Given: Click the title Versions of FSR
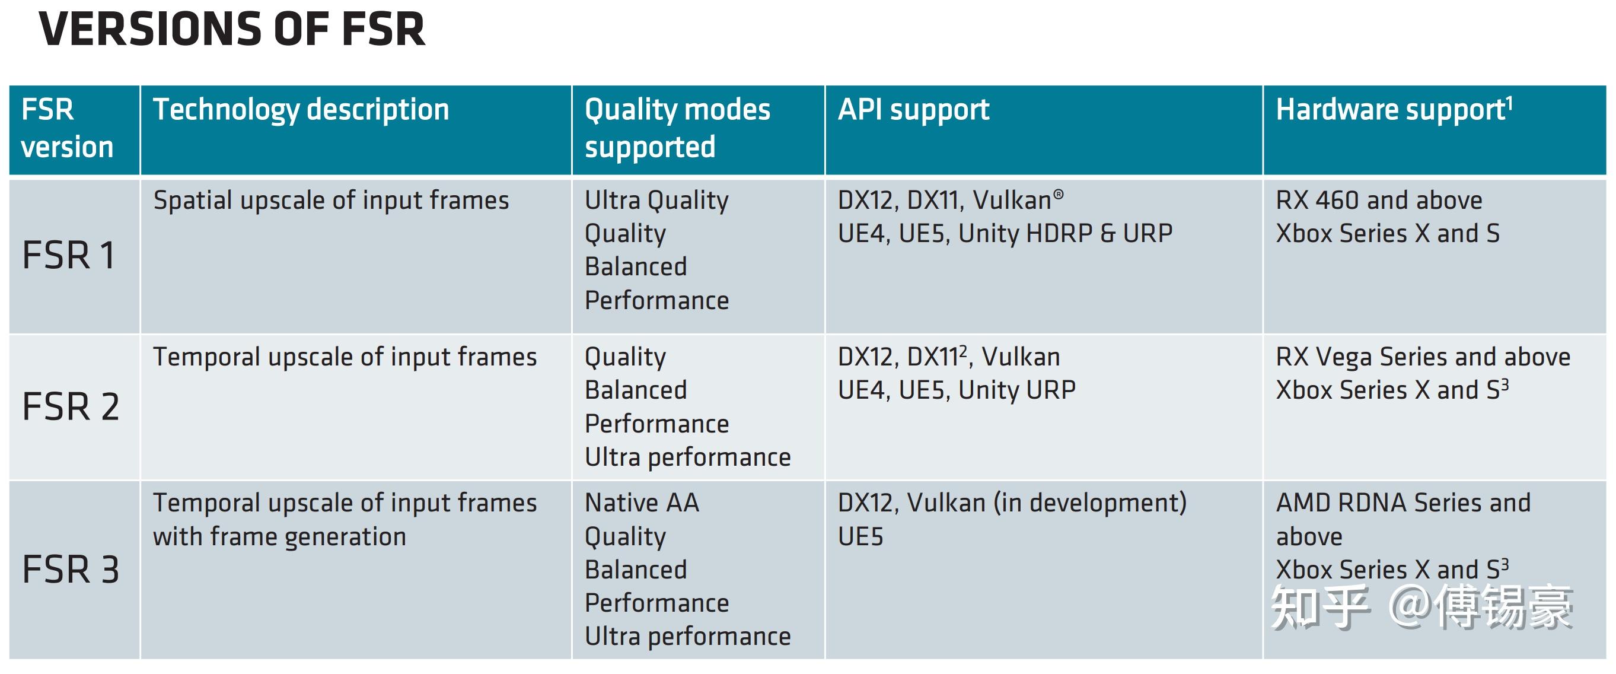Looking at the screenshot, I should pyautogui.click(x=232, y=30).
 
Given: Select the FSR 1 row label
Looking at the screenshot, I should pyautogui.click(x=69, y=256).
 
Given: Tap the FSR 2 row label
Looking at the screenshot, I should pyautogui.click(x=70, y=406).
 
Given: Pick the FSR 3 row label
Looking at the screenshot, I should pyautogui.click(x=70, y=570).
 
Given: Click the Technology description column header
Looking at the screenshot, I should pyautogui.click(x=301, y=110).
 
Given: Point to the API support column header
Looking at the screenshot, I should pyautogui.click(x=913, y=110).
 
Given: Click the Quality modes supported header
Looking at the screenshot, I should pyautogui.click(x=677, y=128).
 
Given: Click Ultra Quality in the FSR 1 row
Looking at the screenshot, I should pyautogui.click(x=656, y=201).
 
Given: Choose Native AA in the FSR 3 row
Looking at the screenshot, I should pyautogui.click(x=642, y=503).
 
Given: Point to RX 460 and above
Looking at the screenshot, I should pyautogui.click(x=1379, y=201).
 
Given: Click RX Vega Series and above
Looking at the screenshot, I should pyautogui.click(x=1423, y=357).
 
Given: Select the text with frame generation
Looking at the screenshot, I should pyautogui.click(x=280, y=537).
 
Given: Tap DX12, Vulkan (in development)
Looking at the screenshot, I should pyautogui.click(x=1012, y=503).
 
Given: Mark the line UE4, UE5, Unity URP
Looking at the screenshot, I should pyautogui.click(x=957, y=390).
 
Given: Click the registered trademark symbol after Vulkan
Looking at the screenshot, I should pyautogui.click(x=1059, y=195).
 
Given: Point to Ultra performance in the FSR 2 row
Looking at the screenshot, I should pyautogui.click(x=687, y=457).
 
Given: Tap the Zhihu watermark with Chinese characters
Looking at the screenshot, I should pyautogui.click(x=1421, y=607).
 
